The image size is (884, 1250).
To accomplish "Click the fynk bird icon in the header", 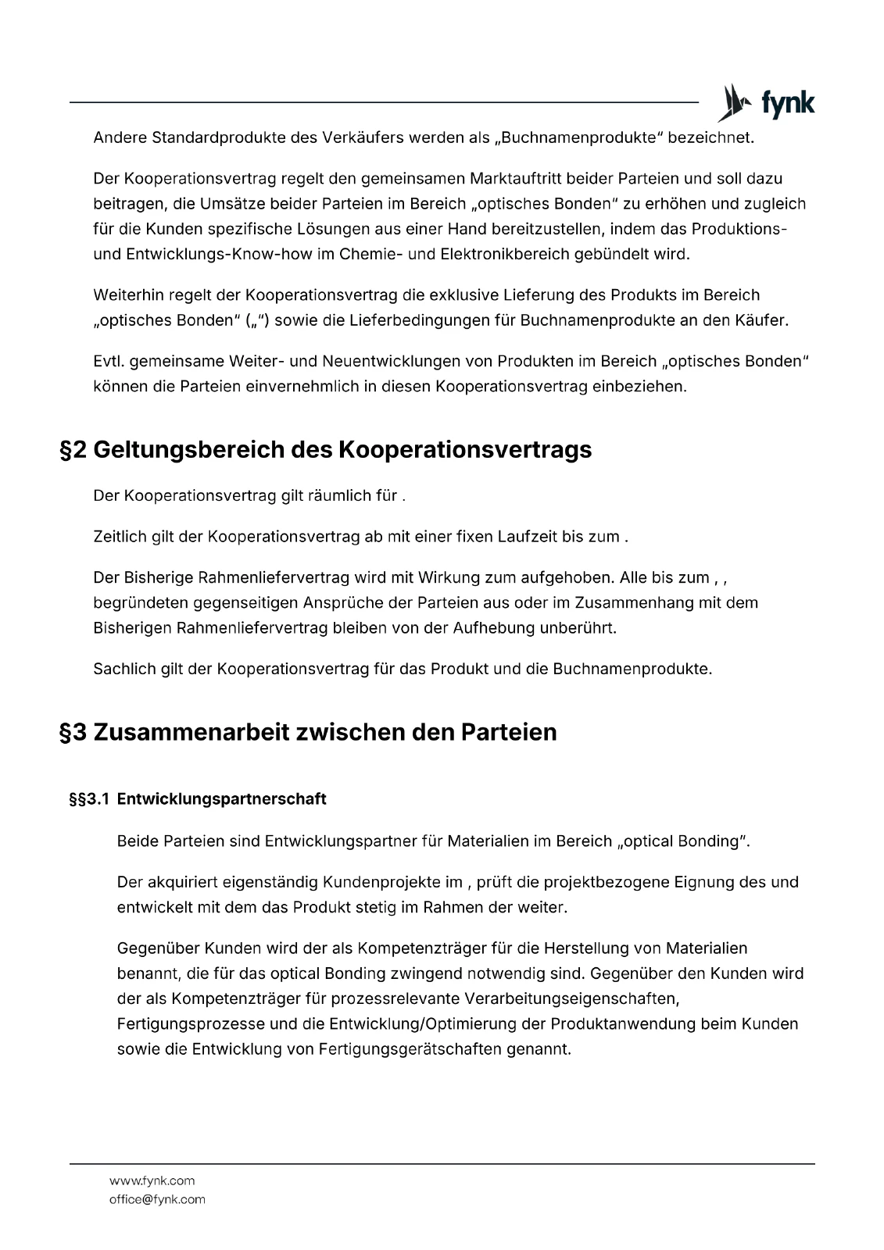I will (x=733, y=103).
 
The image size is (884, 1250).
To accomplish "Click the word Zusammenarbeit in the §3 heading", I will (x=193, y=733).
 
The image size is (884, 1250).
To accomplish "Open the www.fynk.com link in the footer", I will (x=152, y=1180).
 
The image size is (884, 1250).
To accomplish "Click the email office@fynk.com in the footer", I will (x=157, y=1199).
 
